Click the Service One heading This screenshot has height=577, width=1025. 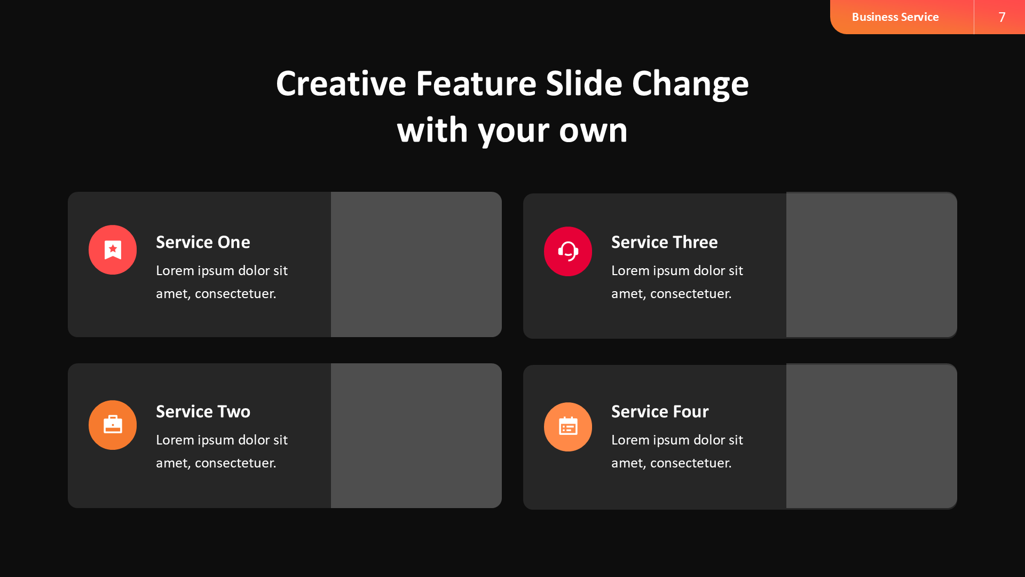tap(203, 242)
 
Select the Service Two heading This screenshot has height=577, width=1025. tap(203, 411)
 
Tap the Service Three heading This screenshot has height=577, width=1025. tap(664, 242)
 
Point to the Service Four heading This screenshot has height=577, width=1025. tap(660, 411)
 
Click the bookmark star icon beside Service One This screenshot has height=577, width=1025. tap(113, 249)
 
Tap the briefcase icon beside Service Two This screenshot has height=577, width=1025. tap(113, 425)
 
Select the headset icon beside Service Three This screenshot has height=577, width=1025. tap(568, 251)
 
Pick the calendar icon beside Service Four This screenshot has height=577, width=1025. tap(568, 426)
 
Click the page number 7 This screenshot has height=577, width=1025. tap(1002, 17)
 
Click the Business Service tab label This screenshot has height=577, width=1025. tap(895, 17)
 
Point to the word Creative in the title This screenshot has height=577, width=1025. tap(341, 84)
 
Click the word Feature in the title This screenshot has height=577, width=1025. tap(476, 84)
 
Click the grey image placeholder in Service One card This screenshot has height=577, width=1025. tap(416, 264)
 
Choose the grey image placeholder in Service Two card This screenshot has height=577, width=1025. tap(416, 435)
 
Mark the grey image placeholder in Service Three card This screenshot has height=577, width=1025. tap(872, 265)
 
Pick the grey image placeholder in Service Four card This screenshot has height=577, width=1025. tap(872, 436)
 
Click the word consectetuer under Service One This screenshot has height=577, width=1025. tap(235, 294)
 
